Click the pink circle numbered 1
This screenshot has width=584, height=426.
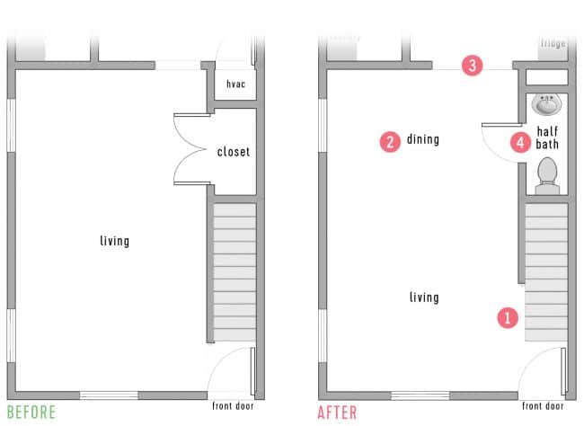508,316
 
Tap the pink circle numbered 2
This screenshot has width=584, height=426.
390,140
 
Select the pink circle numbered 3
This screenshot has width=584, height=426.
473,65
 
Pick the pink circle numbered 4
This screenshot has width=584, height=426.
519,141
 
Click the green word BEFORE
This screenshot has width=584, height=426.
31,413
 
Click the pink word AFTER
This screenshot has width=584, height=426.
337,413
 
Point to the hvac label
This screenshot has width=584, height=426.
235,84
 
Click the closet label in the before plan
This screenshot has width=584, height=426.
234,152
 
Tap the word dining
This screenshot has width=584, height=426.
423,139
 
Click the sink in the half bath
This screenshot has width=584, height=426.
546,105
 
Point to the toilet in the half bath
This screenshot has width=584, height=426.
546,174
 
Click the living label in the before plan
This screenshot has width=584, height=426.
115,241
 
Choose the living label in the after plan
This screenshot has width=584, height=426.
424,297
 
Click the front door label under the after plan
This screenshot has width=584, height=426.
544,405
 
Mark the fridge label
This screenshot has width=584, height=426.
553,42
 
